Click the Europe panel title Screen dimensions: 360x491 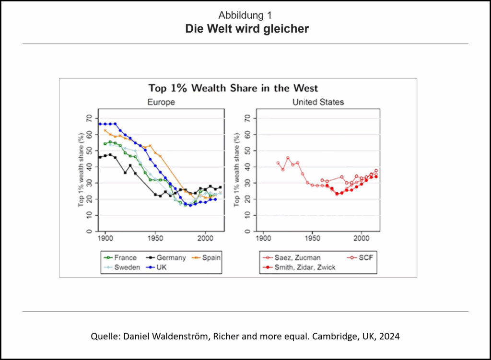pyautogui.click(x=161, y=102)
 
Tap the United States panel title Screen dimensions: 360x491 pyautogui.click(x=318, y=102)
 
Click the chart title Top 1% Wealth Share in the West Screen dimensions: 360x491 pyautogui.click(x=233, y=88)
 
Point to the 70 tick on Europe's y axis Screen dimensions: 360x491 pyautogui.click(x=89, y=118)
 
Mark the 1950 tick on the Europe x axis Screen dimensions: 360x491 pyautogui.click(x=155, y=237)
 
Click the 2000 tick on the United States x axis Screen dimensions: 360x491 pyautogui.click(x=361, y=237)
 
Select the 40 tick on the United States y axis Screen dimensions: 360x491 pyautogui.click(x=247, y=167)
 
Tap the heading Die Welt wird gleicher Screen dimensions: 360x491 pyautogui.click(x=247, y=29)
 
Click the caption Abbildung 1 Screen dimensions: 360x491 pyautogui.click(x=245, y=15)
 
